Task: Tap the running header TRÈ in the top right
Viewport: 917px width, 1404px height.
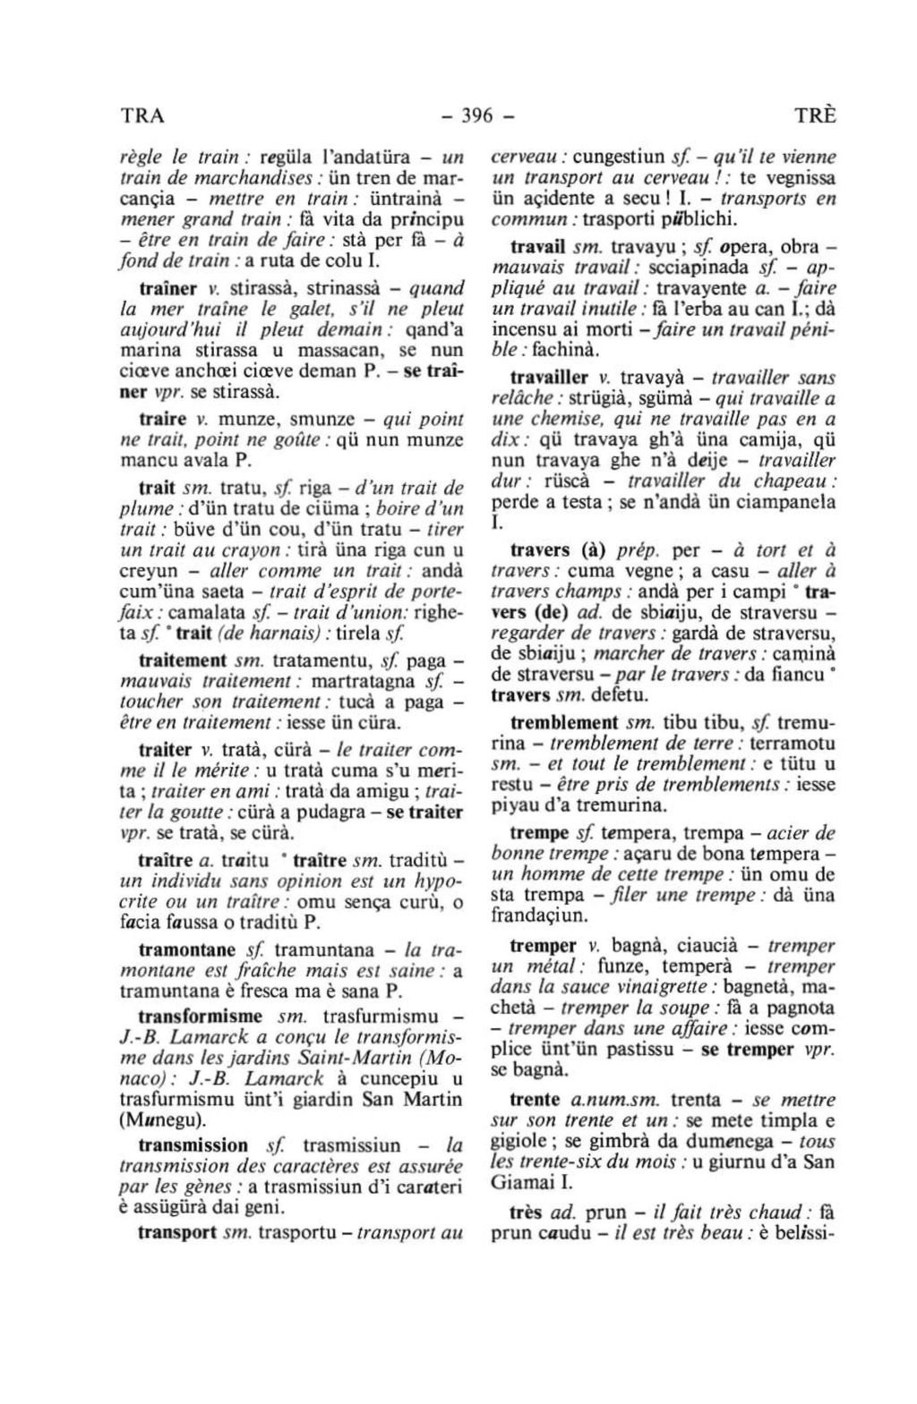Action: pos(815,116)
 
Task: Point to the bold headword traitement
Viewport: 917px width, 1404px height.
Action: pos(184,661)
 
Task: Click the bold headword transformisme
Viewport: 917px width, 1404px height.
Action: pos(201,1017)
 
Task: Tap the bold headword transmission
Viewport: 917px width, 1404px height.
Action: pos(193,1145)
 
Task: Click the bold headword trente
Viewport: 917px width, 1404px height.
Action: pos(535,1100)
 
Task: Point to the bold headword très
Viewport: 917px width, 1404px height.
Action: pos(526,1213)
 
